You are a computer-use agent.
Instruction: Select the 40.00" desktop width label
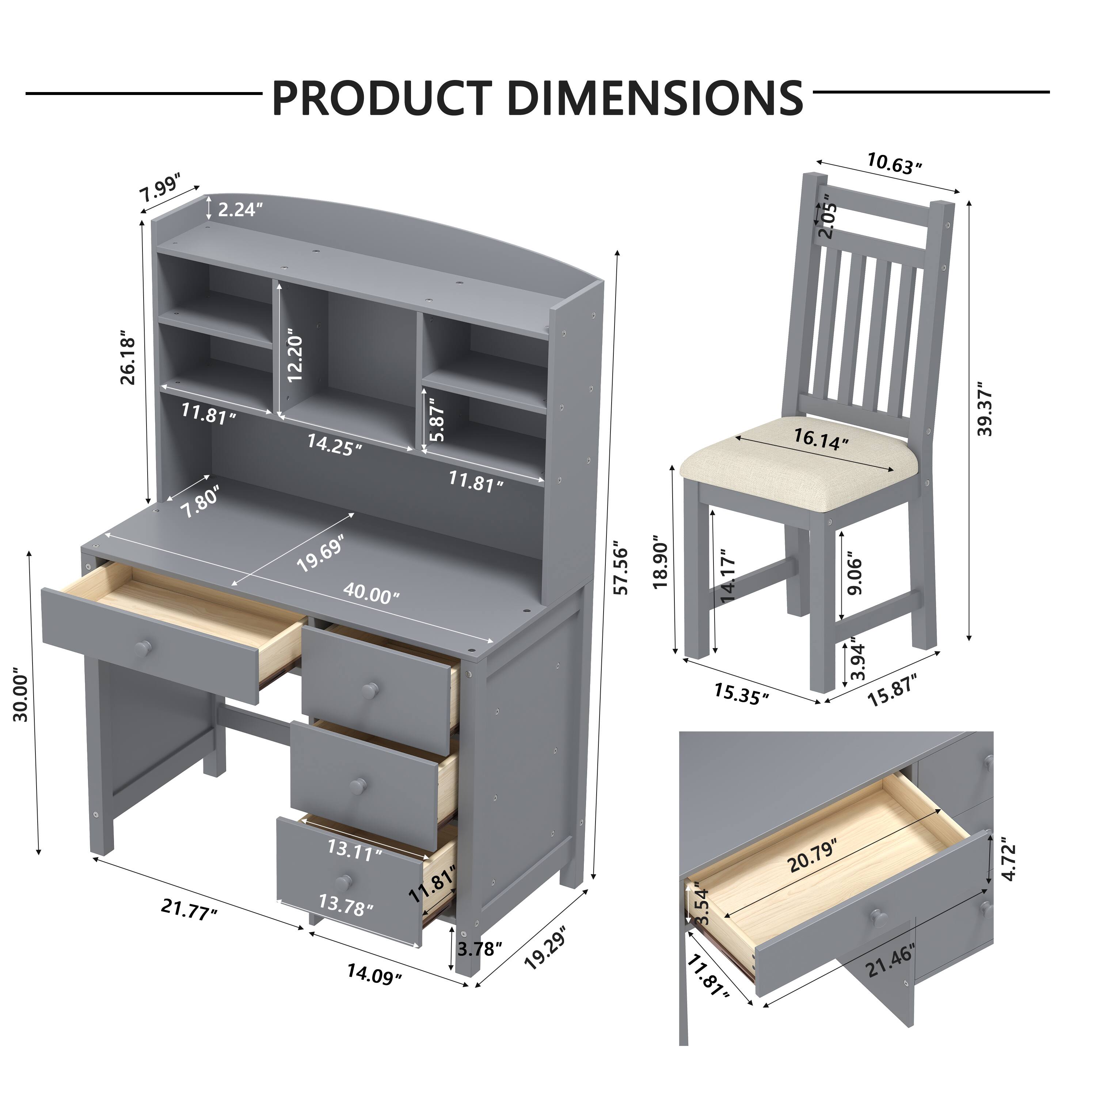pyautogui.click(x=371, y=594)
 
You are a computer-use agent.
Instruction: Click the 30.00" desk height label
pyautogui.click(x=21, y=698)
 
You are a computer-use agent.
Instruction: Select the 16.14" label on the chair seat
pyautogui.click(x=821, y=438)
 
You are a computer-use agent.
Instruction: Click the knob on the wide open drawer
pyautogui.click(x=144, y=646)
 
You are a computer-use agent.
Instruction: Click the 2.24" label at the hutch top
pyautogui.click(x=240, y=210)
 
